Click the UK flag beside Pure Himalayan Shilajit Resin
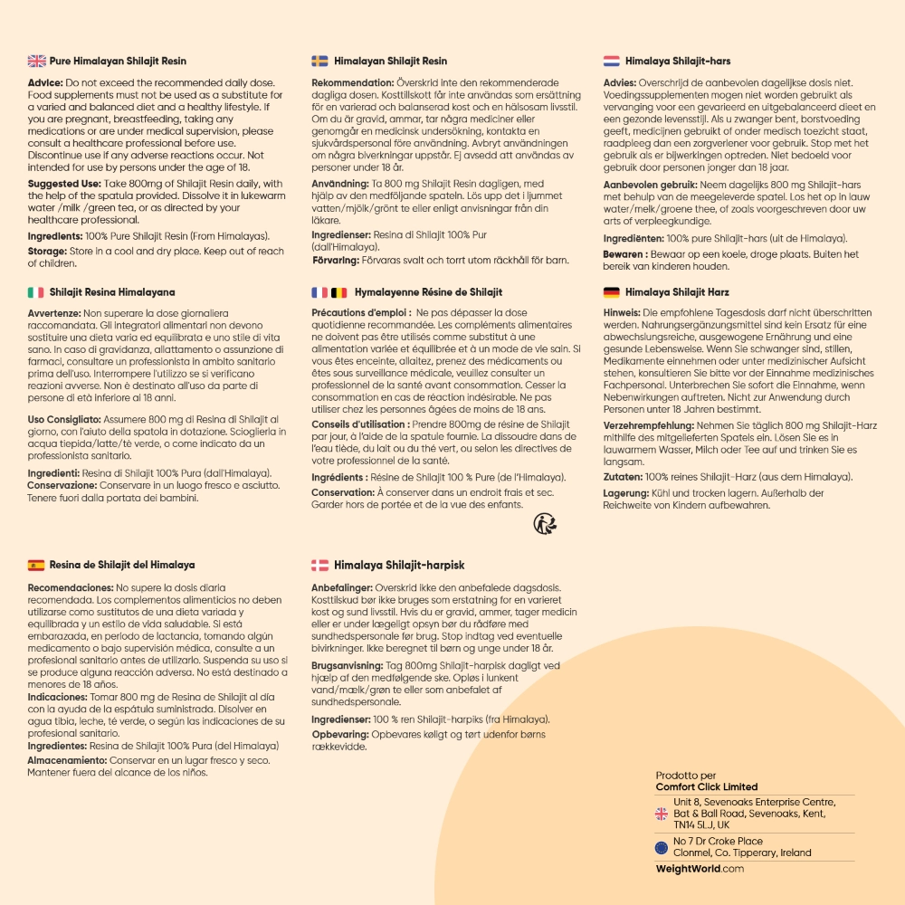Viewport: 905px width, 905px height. point(36,62)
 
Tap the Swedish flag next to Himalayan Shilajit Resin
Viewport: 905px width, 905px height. point(319,62)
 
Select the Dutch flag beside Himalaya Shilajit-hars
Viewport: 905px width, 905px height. point(611,62)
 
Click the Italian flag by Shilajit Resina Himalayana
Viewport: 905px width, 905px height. point(36,292)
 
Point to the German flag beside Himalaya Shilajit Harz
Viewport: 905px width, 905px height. point(611,292)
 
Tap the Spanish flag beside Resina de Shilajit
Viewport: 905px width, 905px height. point(36,566)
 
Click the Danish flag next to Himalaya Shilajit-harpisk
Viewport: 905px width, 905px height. point(319,566)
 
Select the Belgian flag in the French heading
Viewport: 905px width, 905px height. point(338,292)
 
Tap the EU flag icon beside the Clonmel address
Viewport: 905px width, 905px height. point(661,847)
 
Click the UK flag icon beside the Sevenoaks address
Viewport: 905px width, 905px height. point(661,814)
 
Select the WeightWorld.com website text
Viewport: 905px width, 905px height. point(700,869)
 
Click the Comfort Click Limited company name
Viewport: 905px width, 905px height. point(706,787)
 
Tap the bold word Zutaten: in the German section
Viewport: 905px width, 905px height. point(623,477)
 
